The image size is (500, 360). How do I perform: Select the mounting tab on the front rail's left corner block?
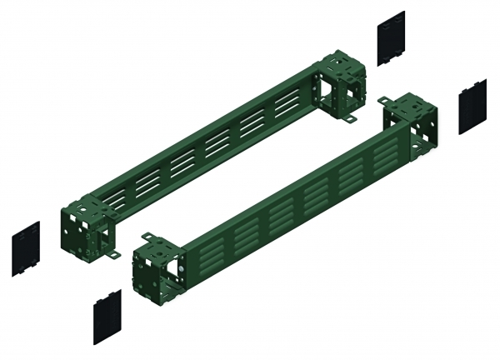147,237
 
